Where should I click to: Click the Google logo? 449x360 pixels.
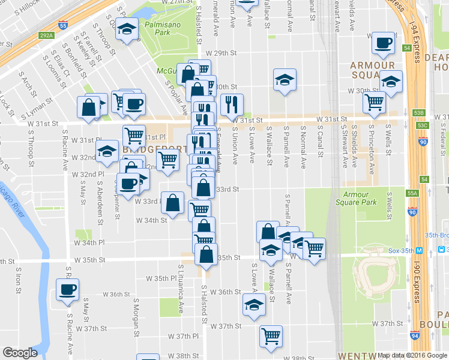point(20,353)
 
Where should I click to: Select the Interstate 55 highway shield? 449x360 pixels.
point(63,25)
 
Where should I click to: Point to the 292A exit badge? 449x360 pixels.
point(47,35)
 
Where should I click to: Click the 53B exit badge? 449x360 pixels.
point(420,113)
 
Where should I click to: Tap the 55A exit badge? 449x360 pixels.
point(411,194)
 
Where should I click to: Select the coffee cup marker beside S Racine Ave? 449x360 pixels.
point(67,290)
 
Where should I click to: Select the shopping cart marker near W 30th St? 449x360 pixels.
point(374,103)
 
